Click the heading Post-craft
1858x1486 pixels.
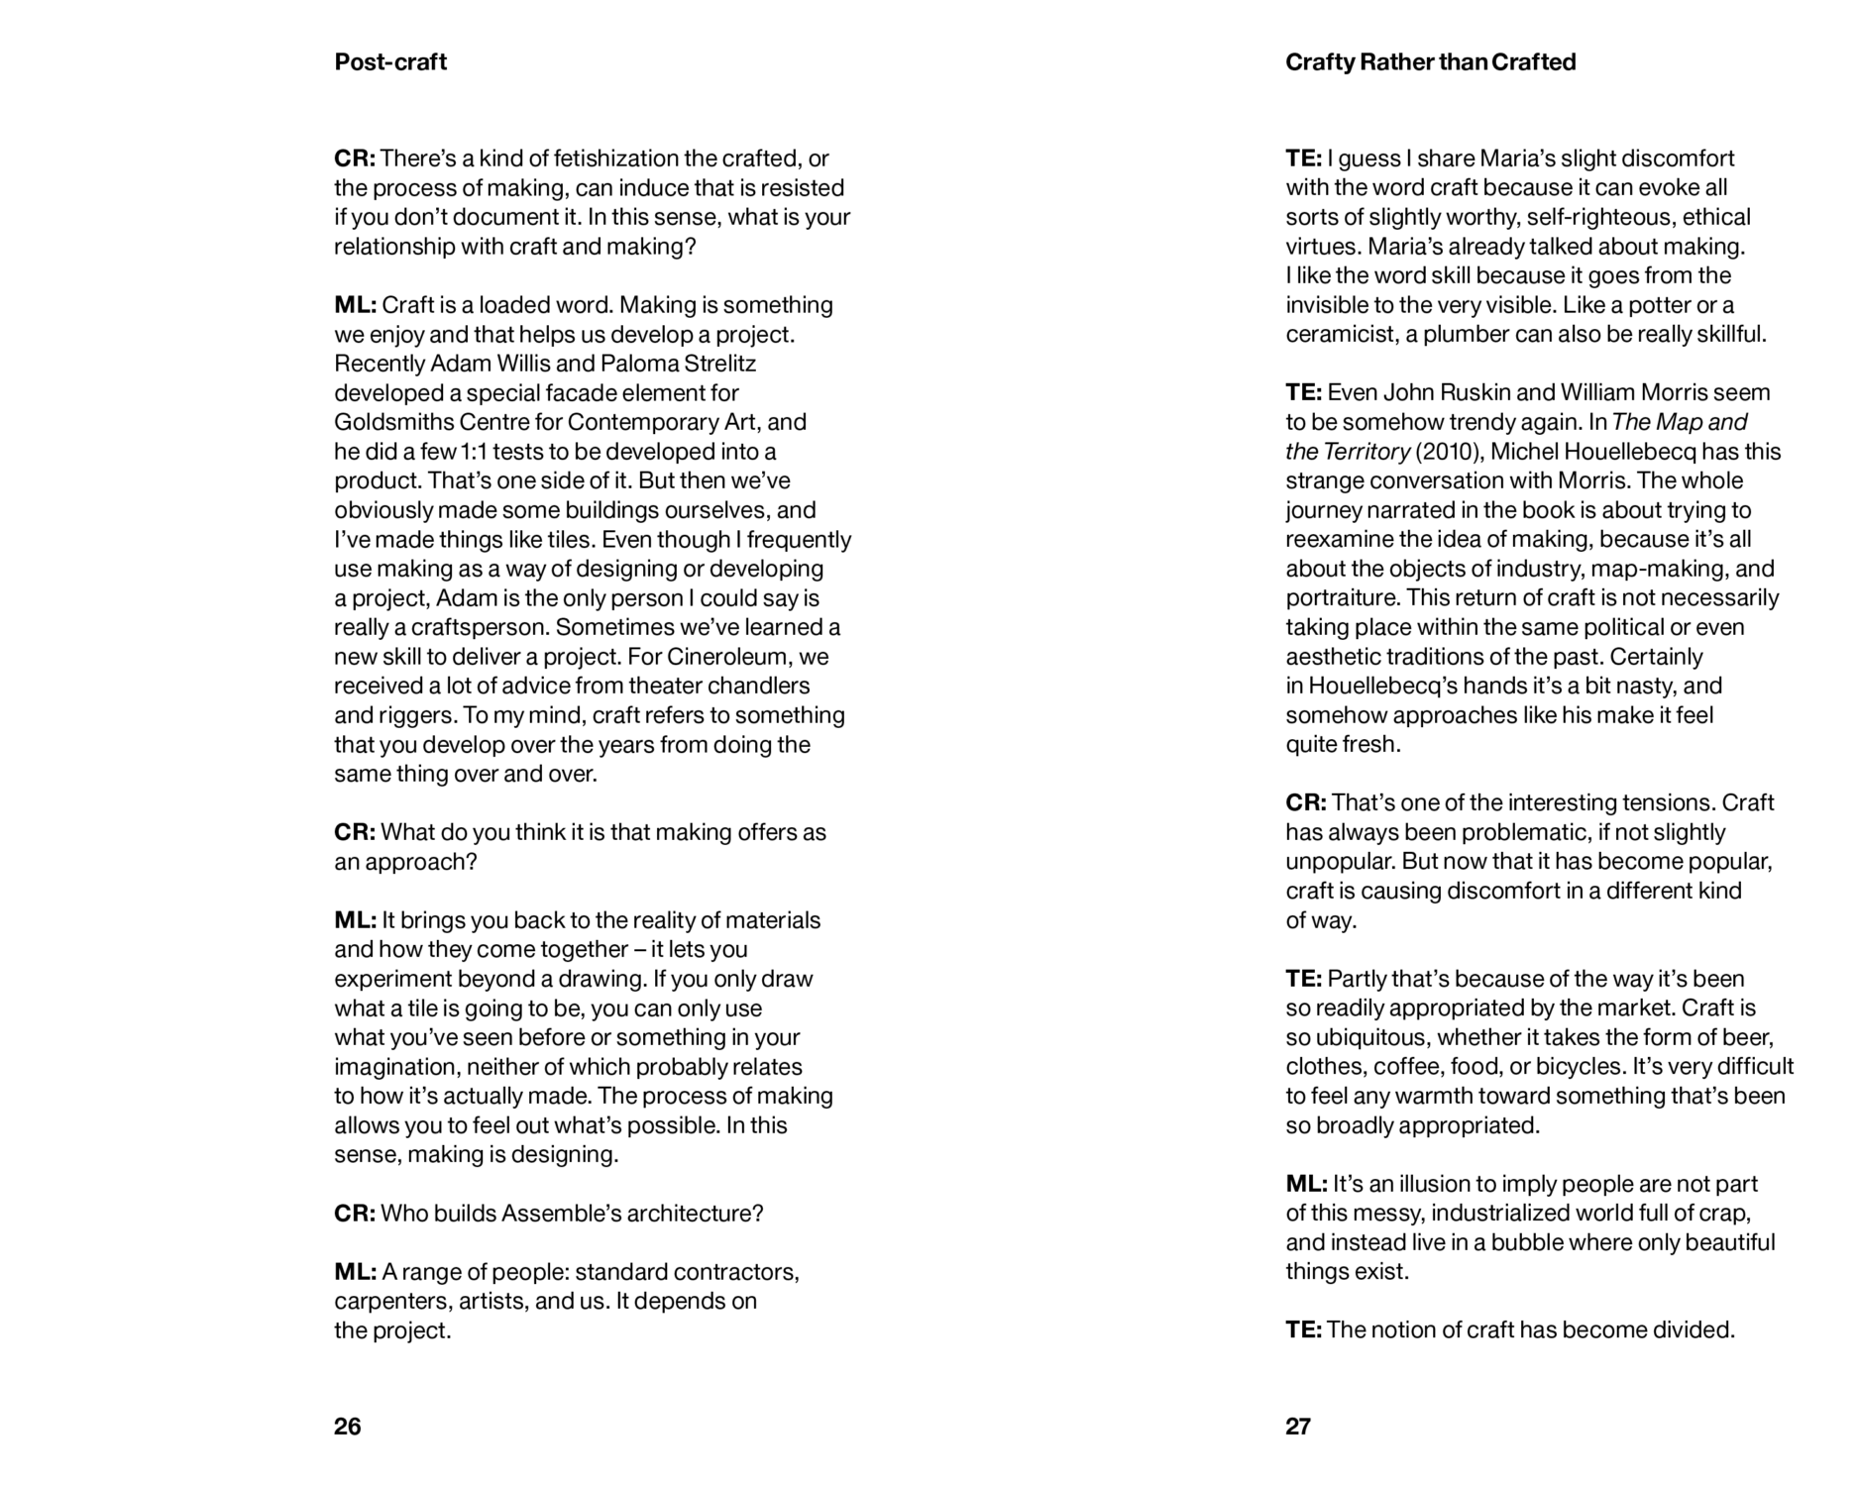390,62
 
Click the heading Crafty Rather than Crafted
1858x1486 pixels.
1430,62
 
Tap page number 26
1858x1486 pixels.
348,1427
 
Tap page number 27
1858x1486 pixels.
1298,1427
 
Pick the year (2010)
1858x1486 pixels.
1450,452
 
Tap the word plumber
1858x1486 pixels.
1464,335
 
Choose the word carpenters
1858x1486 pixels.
392,1302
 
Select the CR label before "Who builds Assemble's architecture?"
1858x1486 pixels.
354,1214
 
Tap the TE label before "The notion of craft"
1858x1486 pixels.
1303,1330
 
